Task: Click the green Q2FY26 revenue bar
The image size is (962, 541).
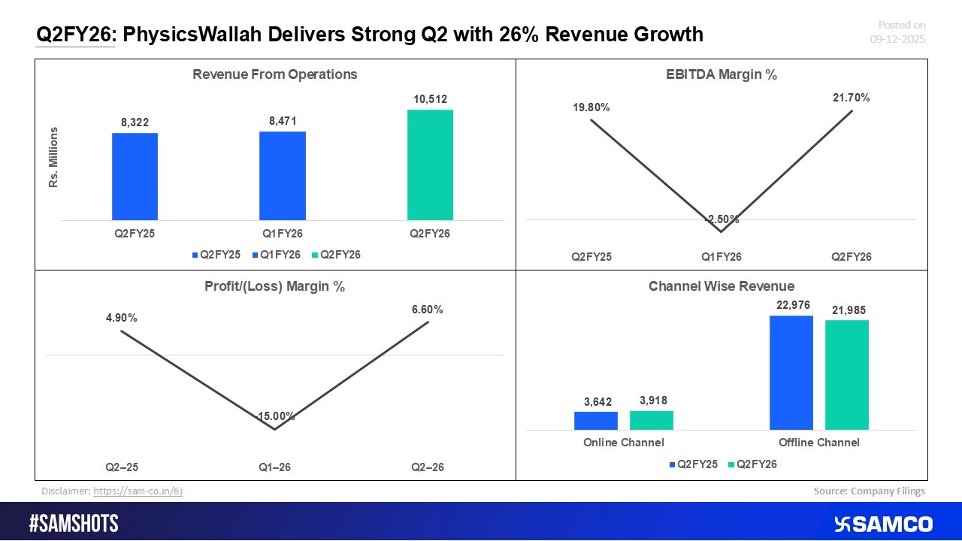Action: [430, 165]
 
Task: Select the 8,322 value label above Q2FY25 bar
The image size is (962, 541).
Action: [135, 122]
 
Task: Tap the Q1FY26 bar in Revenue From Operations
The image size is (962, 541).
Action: [283, 175]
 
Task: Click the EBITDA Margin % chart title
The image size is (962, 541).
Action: [721, 74]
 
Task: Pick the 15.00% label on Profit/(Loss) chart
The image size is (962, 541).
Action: [275, 416]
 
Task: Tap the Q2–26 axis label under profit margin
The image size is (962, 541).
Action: [428, 467]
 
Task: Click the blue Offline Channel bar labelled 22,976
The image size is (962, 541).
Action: [791, 373]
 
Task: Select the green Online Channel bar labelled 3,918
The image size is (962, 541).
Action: [652, 420]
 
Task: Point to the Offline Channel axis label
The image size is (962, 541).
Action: [818, 443]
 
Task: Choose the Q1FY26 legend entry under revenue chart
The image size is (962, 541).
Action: [279, 255]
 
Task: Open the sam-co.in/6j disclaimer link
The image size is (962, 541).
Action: [138, 491]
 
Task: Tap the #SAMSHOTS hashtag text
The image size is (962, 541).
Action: [74, 524]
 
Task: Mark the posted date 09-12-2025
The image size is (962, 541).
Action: [897, 39]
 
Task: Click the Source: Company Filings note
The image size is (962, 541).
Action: [869, 491]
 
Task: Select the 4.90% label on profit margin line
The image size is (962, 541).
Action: [121, 318]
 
